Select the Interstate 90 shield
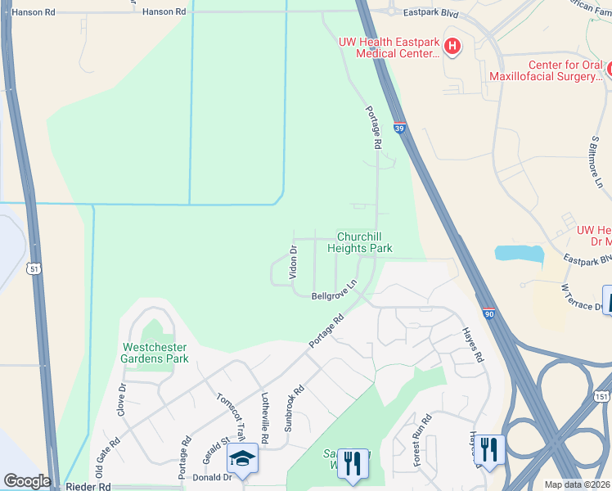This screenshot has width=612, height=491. pos(488,313)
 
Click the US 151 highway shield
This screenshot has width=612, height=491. pos(601,396)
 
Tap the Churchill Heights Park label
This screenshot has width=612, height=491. pos(360,242)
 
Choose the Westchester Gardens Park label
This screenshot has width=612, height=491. pos(155,353)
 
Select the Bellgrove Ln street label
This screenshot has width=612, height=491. pos(335,292)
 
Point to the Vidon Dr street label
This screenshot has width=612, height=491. pos(293,262)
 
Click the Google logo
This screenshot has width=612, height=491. pos(27,481)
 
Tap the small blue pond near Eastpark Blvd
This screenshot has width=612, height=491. pos(519,254)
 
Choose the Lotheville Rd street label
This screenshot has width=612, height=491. pos(264,413)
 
